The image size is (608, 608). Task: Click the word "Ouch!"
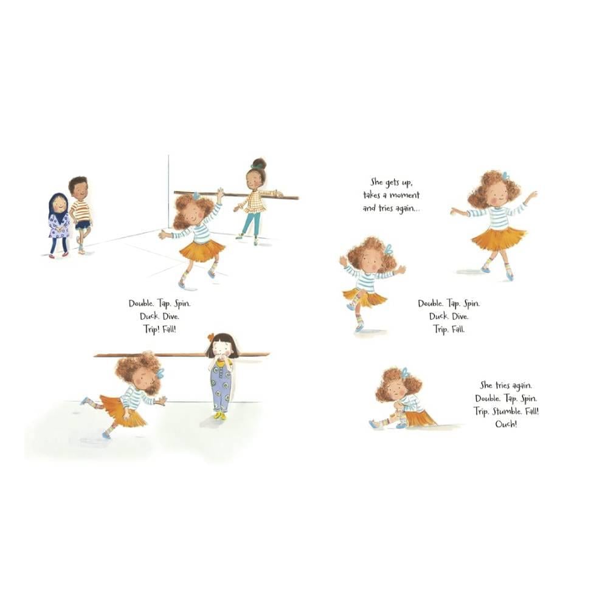506,424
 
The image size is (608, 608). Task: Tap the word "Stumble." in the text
507,411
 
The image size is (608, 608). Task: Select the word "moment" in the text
404,195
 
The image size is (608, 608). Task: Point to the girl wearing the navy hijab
58,225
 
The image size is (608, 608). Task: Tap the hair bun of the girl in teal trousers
259,163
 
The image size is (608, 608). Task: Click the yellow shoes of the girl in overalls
220,416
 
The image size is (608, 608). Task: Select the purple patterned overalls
220,386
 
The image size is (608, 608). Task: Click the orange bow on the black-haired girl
210,337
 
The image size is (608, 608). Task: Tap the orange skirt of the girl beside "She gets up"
498,237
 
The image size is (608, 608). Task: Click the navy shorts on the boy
83,225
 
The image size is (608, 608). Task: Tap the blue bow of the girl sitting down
406,373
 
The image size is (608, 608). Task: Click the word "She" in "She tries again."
486,385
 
